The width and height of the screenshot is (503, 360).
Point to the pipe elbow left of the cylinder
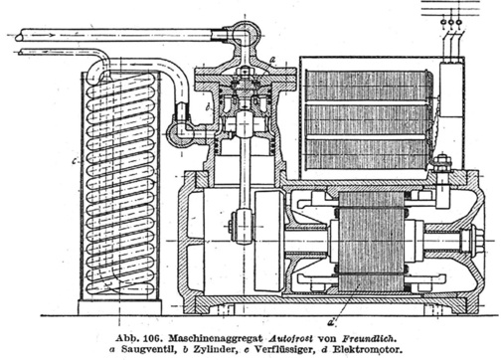point(182,133)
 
